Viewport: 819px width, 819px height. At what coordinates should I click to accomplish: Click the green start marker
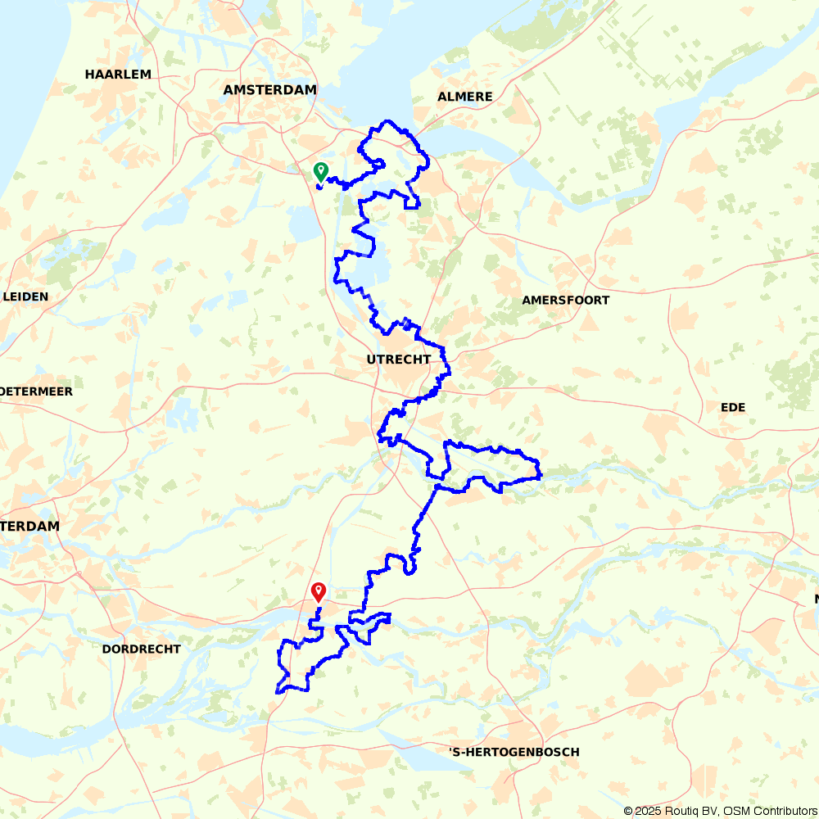(320, 171)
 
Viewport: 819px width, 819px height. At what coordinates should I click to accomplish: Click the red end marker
(319, 590)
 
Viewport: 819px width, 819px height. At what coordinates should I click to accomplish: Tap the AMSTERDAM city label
(269, 90)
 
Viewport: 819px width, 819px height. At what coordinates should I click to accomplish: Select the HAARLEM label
(118, 75)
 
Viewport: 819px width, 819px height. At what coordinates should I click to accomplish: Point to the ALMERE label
(465, 97)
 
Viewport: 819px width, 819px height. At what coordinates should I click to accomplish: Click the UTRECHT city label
(399, 360)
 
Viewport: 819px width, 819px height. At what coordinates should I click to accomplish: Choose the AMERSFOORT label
(566, 301)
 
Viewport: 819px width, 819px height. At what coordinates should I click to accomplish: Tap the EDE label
(733, 407)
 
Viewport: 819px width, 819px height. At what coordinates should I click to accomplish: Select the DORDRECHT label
(142, 649)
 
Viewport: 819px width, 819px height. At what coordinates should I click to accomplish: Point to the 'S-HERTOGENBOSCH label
(514, 752)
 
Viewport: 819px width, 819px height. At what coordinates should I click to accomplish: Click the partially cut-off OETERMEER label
(36, 391)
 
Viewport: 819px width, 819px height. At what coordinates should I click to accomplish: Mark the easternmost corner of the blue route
(541, 474)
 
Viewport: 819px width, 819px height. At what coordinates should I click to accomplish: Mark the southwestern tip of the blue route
(277, 692)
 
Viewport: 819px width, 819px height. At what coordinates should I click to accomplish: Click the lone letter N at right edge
(817, 600)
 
